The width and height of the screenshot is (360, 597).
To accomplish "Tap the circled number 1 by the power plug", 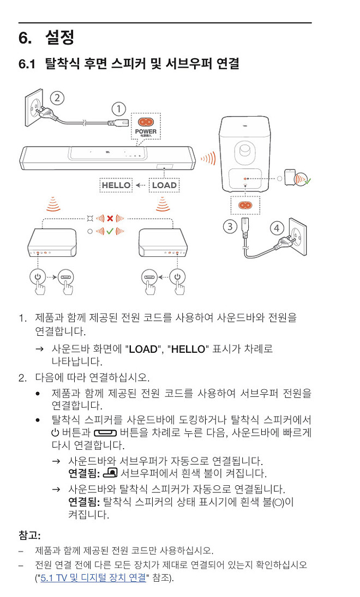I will click(118, 108).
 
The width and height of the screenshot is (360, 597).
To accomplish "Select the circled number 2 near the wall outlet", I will click(57, 98).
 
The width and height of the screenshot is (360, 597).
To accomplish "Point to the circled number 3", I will click(230, 226).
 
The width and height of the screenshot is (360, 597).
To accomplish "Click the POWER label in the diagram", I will click(145, 131).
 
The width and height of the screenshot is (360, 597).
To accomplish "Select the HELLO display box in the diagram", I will click(116, 185).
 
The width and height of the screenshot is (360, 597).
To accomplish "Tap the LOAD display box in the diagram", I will click(164, 185).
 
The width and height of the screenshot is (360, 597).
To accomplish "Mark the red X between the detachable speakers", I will click(110, 219).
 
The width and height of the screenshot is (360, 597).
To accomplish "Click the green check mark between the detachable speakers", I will click(110, 231).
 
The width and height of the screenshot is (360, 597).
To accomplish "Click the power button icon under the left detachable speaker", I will click(38, 276).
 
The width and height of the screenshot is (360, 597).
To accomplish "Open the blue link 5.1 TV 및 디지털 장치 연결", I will click(93, 577).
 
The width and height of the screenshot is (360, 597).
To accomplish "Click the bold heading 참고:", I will click(29, 534).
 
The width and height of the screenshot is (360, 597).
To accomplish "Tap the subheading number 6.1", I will click(27, 64).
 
